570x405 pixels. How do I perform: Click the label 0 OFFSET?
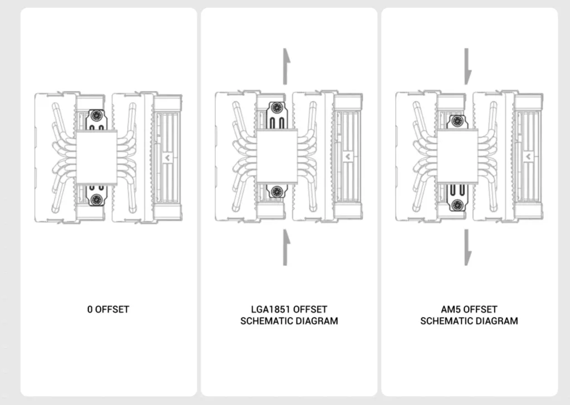coord(108,309)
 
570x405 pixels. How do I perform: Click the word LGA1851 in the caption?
coord(271,309)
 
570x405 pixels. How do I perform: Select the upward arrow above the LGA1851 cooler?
coord(287,66)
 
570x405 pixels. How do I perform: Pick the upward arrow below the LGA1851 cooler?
coord(287,248)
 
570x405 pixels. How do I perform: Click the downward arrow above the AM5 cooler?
coord(468,66)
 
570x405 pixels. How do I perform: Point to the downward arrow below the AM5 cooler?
coord(468,248)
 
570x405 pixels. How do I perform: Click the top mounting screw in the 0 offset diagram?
coord(96,116)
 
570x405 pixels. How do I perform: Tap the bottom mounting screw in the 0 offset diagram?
coord(96,199)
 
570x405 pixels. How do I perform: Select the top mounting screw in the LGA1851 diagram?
coord(277,107)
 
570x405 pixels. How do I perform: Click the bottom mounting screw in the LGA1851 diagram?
coord(277,191)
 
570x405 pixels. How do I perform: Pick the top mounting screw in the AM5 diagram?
coord(457,121)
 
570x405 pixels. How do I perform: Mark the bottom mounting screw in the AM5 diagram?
coord(457,204)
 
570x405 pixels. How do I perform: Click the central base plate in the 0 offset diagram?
coord(96,157)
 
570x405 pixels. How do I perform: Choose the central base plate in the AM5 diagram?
coord(458,156)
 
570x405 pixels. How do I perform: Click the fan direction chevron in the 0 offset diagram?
coord(167,158)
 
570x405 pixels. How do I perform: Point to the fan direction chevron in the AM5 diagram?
coord(528,157)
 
